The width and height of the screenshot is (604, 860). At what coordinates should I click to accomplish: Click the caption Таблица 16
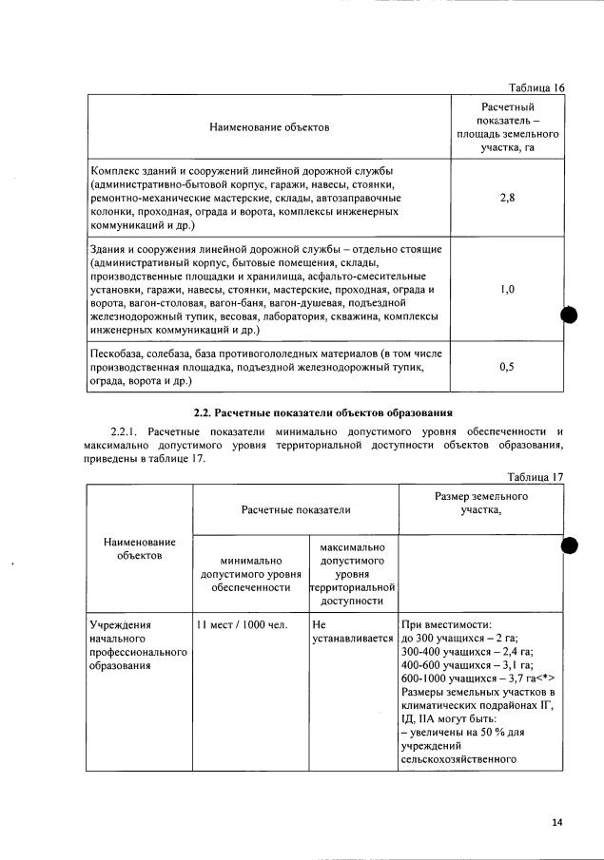point(536,87)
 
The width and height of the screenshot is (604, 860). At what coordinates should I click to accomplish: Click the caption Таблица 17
point(536,477)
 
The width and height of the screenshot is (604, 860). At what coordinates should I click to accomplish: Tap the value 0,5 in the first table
point(507,368)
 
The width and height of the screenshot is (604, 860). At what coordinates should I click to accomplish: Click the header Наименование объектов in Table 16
point(269,126)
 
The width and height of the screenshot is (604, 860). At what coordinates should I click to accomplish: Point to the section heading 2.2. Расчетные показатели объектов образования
point(322,412)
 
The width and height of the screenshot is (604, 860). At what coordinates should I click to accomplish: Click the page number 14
point(557,822)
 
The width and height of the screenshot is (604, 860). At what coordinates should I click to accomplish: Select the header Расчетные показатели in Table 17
point(294,509)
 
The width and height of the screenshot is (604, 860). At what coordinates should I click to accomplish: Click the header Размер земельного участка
point(481,503)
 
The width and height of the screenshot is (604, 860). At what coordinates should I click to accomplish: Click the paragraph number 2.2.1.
point(127,432)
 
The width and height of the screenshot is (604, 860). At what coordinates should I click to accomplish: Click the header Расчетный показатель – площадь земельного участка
point(507,127)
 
